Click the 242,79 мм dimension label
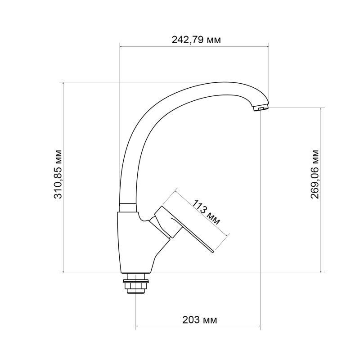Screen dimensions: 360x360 196,40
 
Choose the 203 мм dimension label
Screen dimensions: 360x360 199,320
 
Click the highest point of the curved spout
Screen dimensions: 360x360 211,83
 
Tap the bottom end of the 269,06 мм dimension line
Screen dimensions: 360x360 321,272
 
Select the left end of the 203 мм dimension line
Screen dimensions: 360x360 136,326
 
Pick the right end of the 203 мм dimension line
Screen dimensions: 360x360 261,326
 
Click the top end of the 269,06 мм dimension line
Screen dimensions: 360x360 321,108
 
